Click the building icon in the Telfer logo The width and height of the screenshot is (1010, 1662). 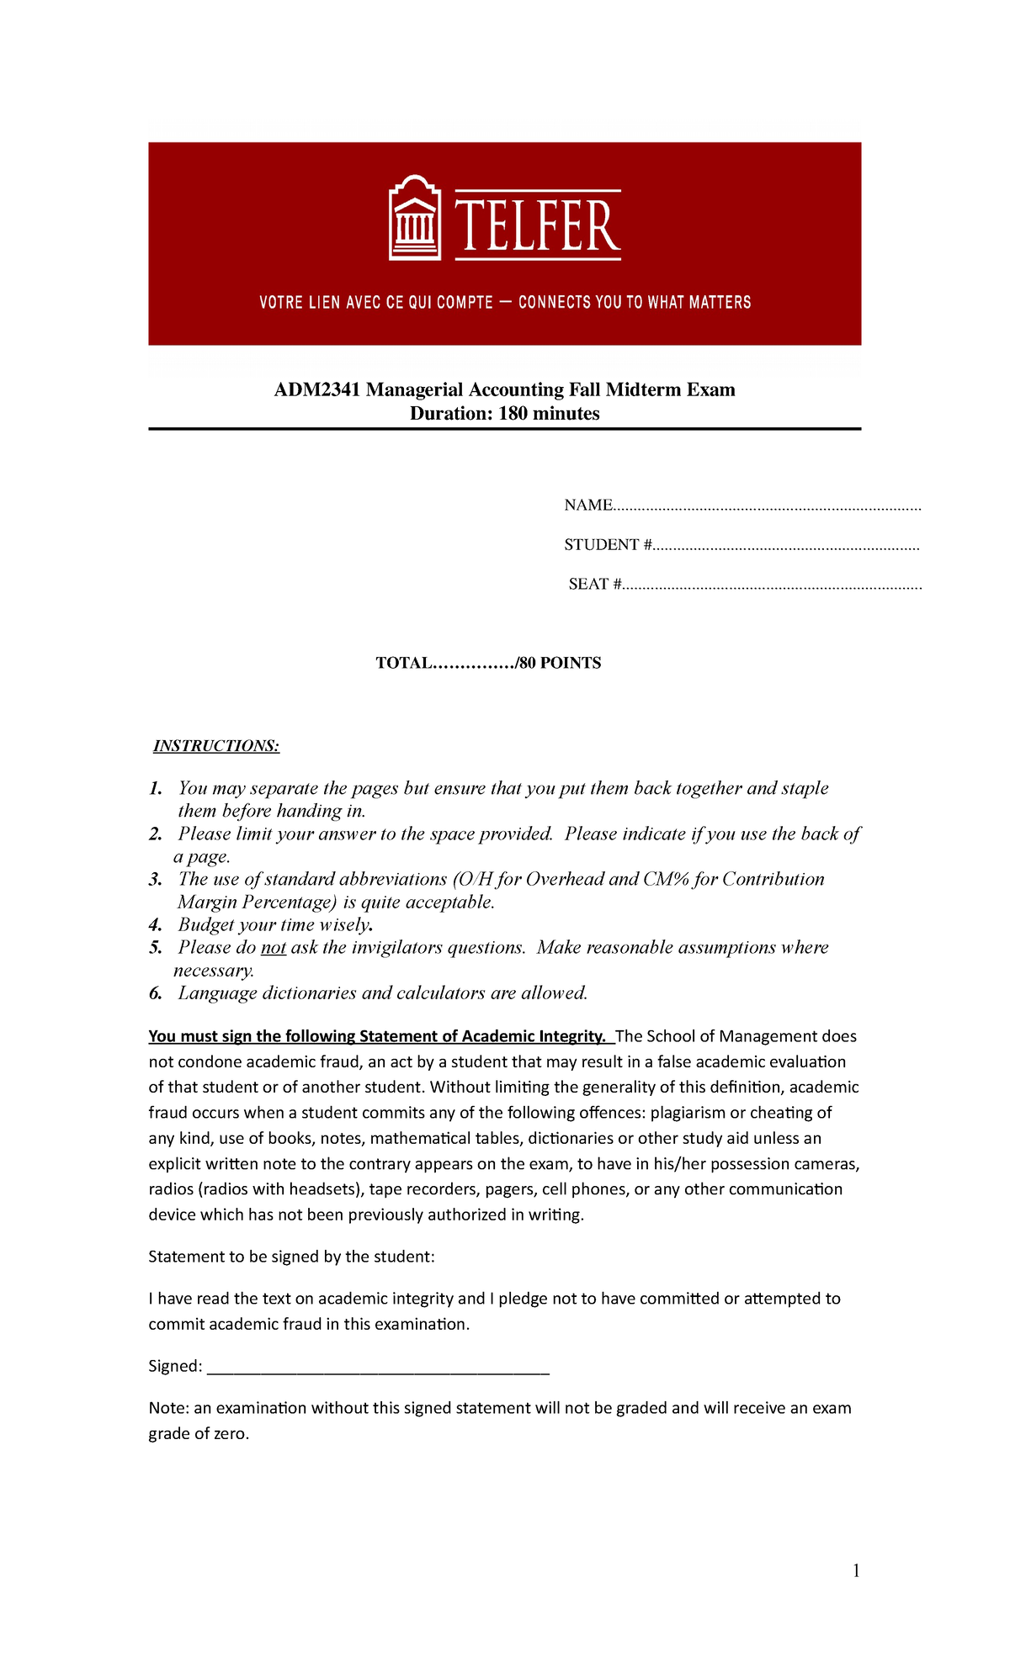[414, 219]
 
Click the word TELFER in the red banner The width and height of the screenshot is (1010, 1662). [537, 225]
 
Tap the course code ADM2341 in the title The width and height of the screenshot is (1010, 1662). [318, 389]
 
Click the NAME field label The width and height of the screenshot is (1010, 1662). [587, 505]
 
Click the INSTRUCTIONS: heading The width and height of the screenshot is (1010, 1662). [216, 746]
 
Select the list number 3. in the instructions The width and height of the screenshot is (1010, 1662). [156, 880]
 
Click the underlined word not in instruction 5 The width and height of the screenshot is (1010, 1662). [274, 948]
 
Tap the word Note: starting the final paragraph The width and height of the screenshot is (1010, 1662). [168, 1408]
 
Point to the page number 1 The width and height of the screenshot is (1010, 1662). [856, 1571]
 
